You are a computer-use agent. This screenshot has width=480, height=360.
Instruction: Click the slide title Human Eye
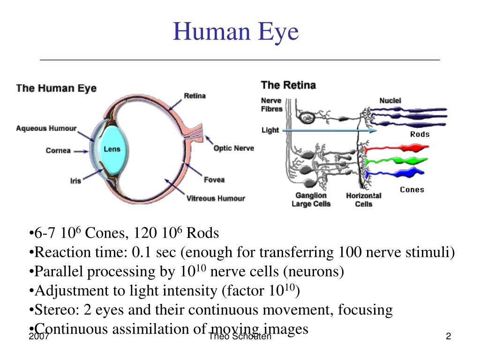236,32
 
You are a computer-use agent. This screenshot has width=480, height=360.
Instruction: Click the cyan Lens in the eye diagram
113,150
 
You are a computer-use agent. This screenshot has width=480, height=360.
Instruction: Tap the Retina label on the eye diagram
195,96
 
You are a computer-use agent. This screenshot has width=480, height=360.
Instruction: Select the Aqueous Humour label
46,128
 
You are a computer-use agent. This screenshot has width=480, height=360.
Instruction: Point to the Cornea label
58,150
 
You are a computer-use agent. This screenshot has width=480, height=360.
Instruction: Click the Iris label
75,180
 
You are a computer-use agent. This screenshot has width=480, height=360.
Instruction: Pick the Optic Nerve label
234,148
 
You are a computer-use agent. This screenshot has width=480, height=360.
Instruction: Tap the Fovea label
214,180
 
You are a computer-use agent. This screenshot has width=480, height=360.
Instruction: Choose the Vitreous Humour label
216,198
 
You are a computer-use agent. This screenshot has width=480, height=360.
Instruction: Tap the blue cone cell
395,173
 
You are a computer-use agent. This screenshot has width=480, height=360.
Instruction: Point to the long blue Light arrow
330,131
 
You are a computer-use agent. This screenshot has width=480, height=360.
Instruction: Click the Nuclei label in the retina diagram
390,100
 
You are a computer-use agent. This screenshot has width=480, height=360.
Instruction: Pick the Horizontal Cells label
364,200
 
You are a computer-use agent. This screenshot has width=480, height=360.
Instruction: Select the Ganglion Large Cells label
311,200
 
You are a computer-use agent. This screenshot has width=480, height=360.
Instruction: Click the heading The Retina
288,85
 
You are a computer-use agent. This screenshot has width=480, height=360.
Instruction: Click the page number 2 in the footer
449,336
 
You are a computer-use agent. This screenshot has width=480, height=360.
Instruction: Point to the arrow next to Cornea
81,151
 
